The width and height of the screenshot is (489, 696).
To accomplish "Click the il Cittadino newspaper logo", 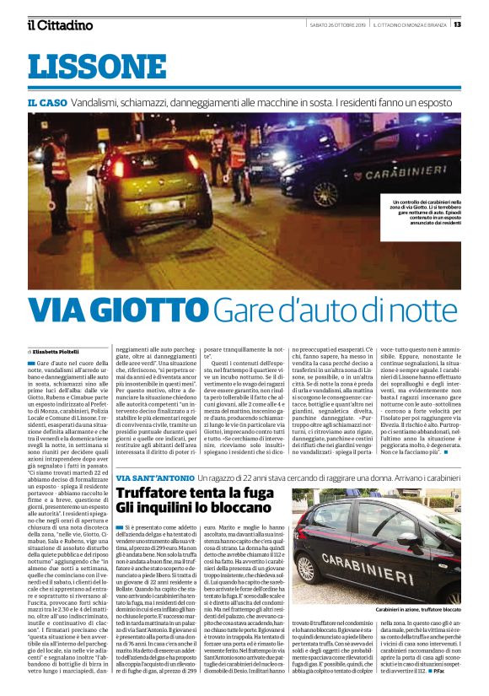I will (x=60, y=24).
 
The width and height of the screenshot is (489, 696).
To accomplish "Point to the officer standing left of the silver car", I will (x=56, y=165).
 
